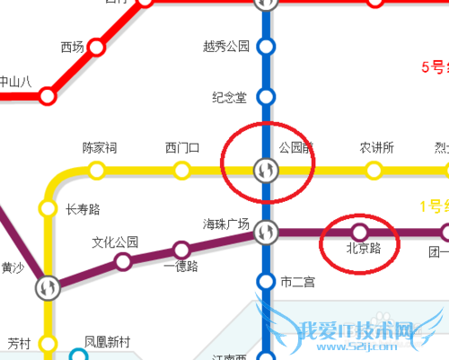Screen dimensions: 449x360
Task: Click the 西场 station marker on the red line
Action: click(x=96, y=48)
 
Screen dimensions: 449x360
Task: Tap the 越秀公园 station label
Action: click(x=226, y=46)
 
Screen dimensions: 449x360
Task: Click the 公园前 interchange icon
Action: click(x=265, y=169)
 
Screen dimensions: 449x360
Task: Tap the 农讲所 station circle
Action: click(x=374, y=169)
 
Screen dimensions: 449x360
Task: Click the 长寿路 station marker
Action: click(x=48, y=209)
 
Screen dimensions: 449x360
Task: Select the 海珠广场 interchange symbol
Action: click(x=265, y=232)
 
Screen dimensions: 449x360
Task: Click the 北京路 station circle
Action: click(x=359, y=232)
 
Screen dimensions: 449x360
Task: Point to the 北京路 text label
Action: click(x=364, y=249)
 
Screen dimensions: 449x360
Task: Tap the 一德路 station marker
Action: click(x=182, y=249)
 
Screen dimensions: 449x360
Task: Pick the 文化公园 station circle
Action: click(x=122, y=262)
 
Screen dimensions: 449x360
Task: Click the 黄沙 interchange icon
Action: click(x=48, y=288)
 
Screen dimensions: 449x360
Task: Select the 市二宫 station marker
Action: click(x=265, y=282)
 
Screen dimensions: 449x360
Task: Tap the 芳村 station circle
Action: click(x=48, y=343)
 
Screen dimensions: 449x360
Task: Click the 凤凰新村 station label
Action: click(x=107, y=342)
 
